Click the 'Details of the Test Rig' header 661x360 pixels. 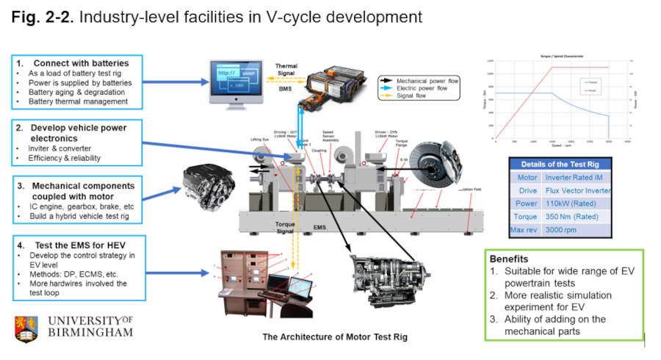(x=560, y=164)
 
